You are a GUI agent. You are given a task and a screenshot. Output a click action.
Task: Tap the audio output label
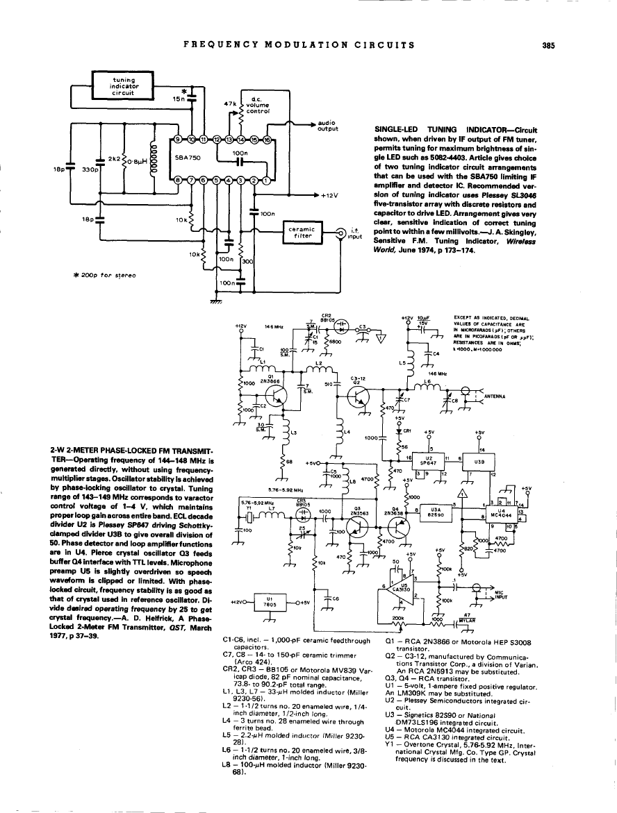[326, 126]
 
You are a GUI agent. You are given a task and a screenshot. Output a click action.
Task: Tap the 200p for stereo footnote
[112, 276]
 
